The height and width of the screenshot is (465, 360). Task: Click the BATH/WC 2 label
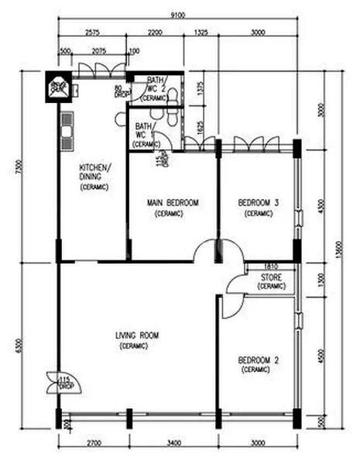(156, 88)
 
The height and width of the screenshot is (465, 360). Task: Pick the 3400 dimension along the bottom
(173, 443)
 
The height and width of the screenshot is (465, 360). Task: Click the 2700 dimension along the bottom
(92, 443)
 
